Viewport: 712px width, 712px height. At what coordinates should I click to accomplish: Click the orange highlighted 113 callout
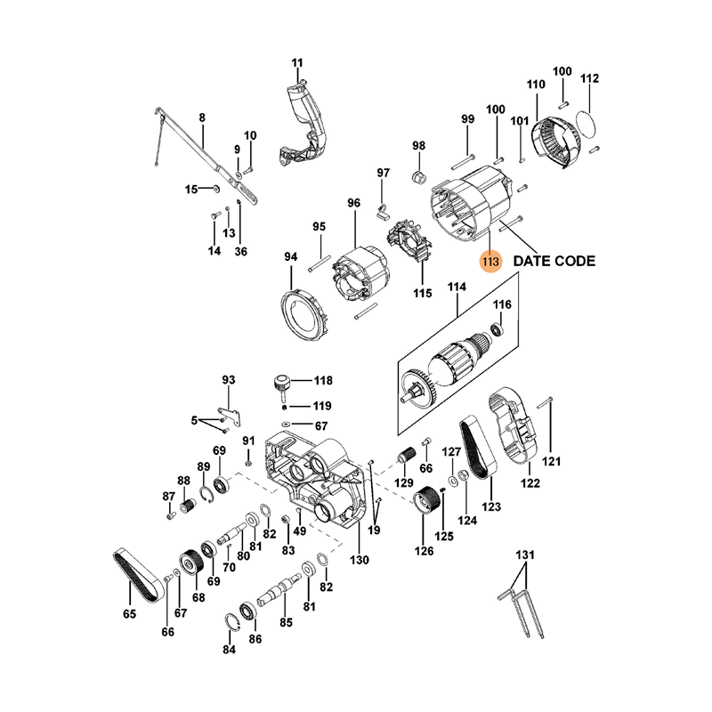pos(489,263)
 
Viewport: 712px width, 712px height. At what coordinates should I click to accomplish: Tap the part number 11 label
pos(297,62)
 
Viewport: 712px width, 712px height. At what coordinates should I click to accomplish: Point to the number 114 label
pos(457,287)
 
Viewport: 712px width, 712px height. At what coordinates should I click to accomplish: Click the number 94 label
pos(291,257)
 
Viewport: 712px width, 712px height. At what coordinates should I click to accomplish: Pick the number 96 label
pos(353,203)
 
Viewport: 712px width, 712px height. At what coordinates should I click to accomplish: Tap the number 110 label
pos(534,85)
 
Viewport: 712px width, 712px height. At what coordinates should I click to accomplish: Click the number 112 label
pos(589,79)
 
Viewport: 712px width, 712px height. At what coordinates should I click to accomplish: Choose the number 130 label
pos(359,560)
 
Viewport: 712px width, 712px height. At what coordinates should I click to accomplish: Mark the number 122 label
pos(530,484)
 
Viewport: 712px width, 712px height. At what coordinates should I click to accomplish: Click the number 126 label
pos(424,551)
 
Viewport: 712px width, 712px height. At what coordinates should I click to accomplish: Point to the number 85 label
pos(286,622)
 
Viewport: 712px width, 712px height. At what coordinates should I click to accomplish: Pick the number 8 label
pos(202,117)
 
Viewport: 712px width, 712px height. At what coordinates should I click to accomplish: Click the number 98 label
pos(418,146)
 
